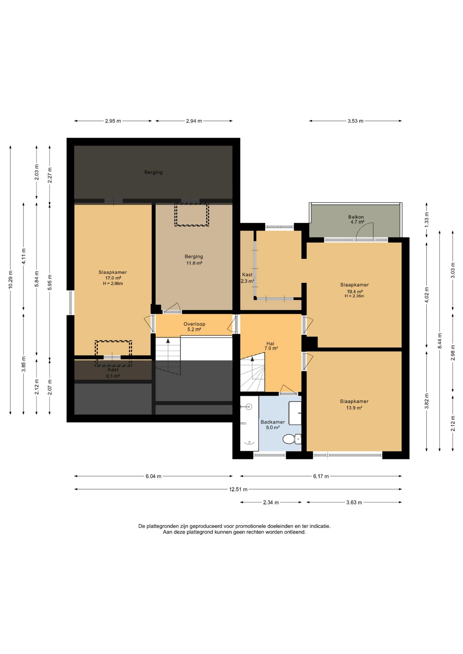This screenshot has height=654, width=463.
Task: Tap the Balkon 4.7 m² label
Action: pyautogui.click(x=356, y=219)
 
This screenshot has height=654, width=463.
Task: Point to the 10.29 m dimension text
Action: pyautogui.click(x=10, y=280)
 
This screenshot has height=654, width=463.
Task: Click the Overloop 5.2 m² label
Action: pyautogui.click(x=194, y=327)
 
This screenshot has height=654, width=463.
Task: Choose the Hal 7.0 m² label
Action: pyautogui.click(x=271, y=346)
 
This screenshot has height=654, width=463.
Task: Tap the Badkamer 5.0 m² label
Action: pyautogui.click(x=273, y=425)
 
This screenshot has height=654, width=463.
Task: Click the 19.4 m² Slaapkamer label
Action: pyautogui.click(x=355, y=290)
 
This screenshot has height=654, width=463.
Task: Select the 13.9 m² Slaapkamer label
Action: pyautogui.click(x=354, y=404)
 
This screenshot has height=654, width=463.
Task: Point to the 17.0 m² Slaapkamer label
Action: pyautogui.click(x=113, y=278)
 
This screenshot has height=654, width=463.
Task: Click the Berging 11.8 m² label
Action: pyautogui.click(x=194, y=260)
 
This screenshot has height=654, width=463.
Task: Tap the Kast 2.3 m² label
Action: pyautogui.click(x=247, y=278)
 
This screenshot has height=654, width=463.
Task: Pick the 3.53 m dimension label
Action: pyautogui.click(x=355, y=121)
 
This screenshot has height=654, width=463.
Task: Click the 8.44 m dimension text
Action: pyautogui.click(x=440, y=341)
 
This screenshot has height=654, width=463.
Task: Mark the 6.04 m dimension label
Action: pyautogui.click(x=153, y=476)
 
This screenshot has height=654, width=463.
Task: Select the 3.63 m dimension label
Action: pyautogui.click(x=354, y=502)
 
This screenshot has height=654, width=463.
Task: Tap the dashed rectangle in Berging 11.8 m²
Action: pyautogui.click(x=192, y=215)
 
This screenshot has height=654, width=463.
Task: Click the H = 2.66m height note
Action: pyautogui.click(x=113, y=283)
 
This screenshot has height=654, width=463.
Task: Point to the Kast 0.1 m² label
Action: pyautogui.click(x=113, y=373)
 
